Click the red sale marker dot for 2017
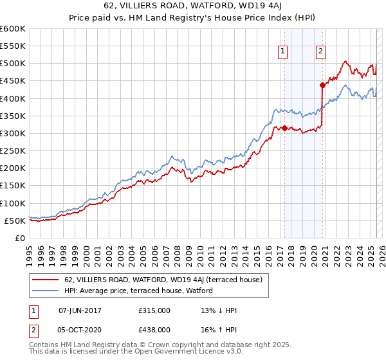tap(284, 128)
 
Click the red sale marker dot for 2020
tap(322, 85)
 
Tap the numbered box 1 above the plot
tap(282, 53)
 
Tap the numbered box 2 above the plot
tap(320, 53)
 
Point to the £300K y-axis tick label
tap(12, 133)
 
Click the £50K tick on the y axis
tap(15, 221)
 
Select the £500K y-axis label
tap(12, 64)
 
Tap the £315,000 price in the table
tap(154, 310)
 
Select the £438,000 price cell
tap(154, 331)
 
